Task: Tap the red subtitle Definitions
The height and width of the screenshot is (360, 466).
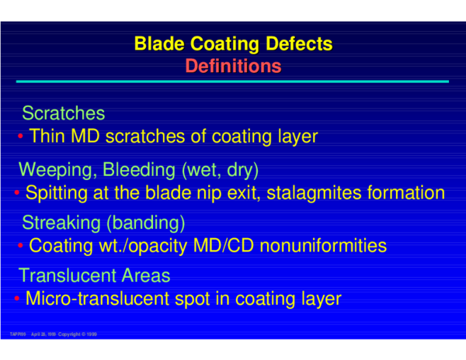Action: (x=233, y=67)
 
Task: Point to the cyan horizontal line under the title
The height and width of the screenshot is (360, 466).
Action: (x=233, y=81)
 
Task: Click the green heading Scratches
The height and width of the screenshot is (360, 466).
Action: (x=64, y=113)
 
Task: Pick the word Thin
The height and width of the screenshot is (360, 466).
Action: (x=47, y=137)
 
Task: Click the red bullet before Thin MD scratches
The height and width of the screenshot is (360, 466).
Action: (x=21, y=137)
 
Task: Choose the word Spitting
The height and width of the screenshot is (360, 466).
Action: (x=56, y=192)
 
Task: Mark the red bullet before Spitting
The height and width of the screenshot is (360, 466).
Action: (x=18, y=192)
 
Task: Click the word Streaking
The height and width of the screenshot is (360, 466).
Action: (x=64, y=223)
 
